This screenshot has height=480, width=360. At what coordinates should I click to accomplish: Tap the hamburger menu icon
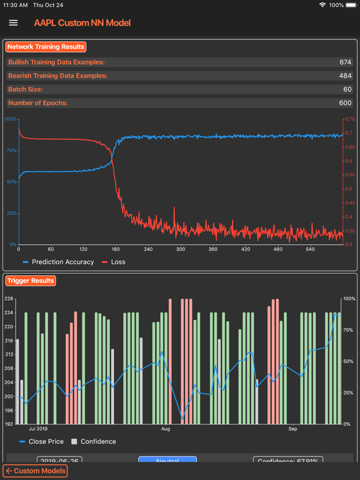(13, 23)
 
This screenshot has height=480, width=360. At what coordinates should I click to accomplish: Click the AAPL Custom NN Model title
(82, 23)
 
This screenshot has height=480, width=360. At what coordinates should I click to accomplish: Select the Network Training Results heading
(46, 47)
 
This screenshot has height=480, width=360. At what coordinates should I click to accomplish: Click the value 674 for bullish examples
(345, 62)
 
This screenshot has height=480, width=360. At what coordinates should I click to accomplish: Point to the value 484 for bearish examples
(345, 76)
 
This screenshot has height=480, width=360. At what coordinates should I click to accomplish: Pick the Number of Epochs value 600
(345, 103)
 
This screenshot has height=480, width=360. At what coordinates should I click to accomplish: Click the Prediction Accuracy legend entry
(58, 262)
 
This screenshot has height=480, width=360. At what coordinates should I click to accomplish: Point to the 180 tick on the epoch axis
(116, 249)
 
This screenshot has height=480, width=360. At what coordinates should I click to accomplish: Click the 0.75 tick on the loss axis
(349, 119)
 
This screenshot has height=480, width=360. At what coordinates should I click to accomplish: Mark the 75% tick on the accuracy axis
(11, 151)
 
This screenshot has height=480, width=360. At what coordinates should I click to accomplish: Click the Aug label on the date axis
(165, 429)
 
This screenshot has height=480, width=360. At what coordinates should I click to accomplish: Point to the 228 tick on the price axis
(9, 299)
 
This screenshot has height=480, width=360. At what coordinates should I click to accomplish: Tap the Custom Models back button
(35, 471)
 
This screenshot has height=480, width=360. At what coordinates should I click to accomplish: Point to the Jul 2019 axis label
(38, 429)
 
